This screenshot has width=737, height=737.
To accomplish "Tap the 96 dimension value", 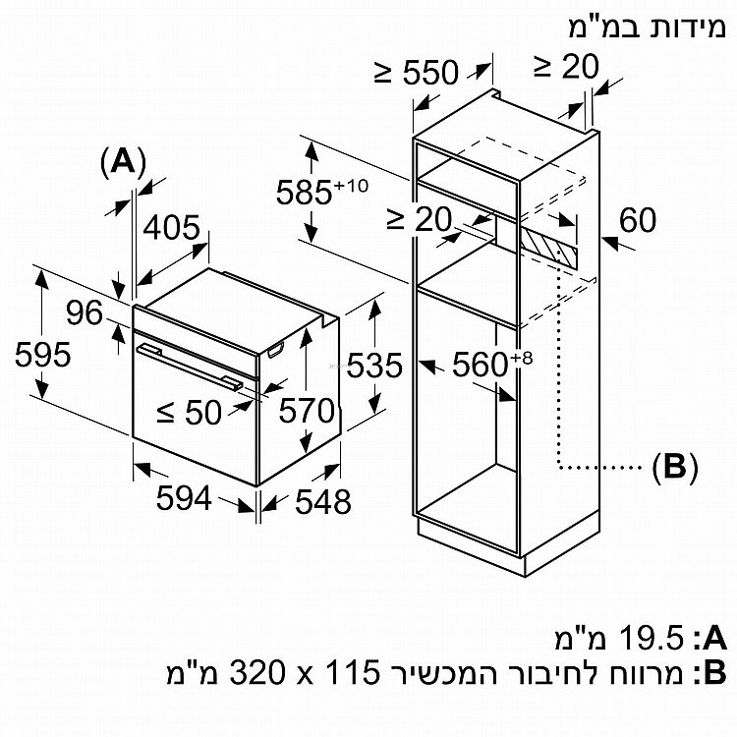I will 85,313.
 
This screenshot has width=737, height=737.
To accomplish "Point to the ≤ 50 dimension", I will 191,414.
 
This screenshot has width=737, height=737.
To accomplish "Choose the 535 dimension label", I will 374,367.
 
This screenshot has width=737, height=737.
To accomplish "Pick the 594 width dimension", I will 184,499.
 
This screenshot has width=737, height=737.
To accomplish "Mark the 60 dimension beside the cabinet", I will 637,220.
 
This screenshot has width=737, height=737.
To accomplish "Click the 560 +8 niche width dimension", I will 490,367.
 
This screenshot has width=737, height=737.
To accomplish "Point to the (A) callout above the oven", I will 123,160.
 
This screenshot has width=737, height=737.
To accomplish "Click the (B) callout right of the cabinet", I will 673,467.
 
